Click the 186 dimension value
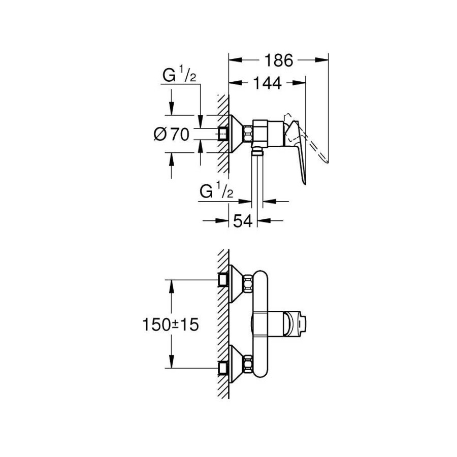279,60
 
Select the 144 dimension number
267,83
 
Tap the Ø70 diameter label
172,135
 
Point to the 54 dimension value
243,221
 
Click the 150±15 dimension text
171,324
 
